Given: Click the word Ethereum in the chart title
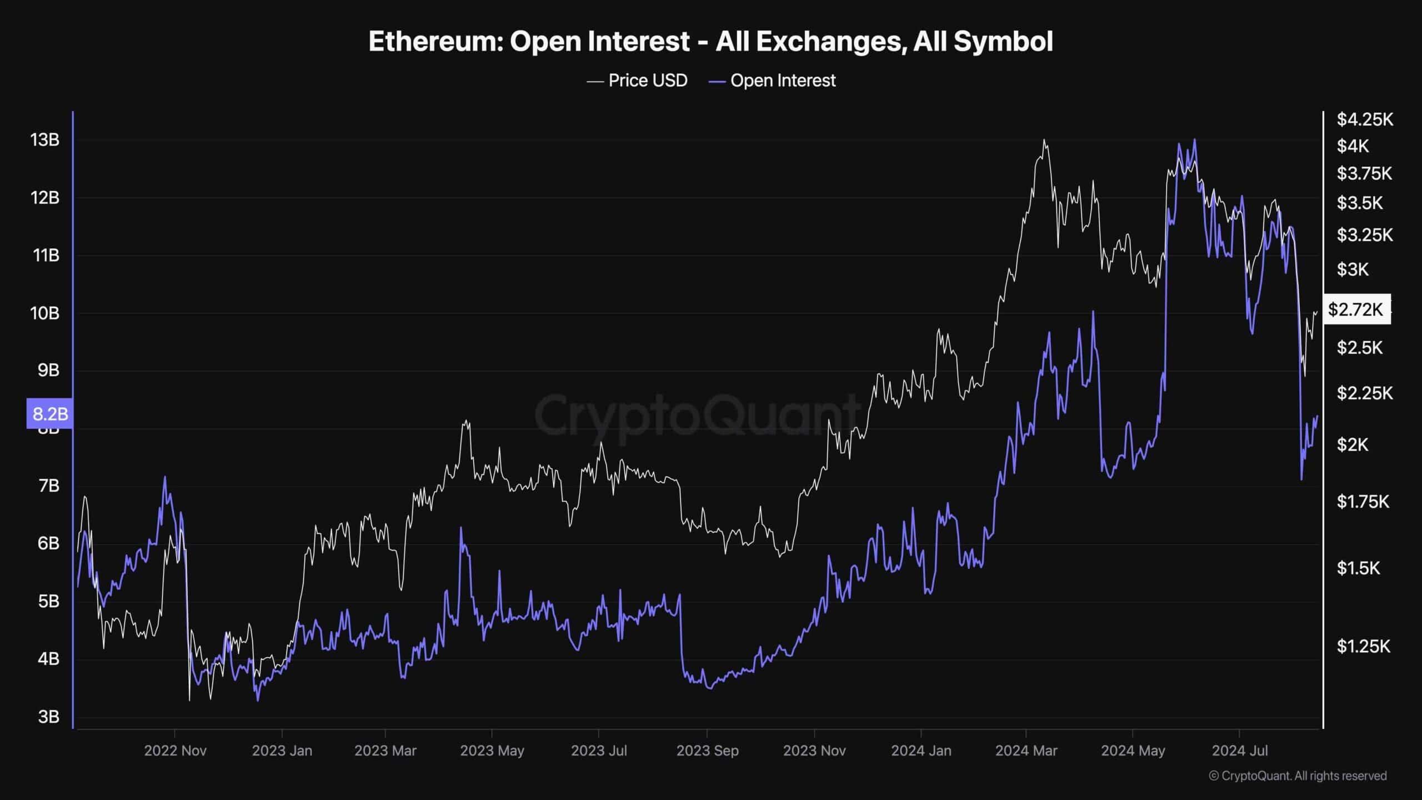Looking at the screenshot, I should (435, 42).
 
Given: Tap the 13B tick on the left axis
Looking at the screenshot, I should (45, 140).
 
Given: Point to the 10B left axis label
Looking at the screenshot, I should (45, 313).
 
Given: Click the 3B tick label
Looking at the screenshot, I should (48, 717).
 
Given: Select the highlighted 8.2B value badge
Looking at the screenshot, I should (50, 414).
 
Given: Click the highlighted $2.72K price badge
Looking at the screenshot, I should (1356, 309).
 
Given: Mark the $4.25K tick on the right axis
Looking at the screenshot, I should (1364, 119).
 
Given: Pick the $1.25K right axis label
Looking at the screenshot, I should (1363, 646).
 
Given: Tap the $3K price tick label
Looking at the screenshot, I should (1353, 269).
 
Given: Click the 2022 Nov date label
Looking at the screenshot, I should (175, 751).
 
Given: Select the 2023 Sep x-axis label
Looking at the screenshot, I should (707, 751).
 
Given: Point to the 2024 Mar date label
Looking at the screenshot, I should (1026, 751).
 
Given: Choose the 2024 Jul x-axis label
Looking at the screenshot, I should (1239, 751).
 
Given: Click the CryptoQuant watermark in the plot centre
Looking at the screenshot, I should (697, 414).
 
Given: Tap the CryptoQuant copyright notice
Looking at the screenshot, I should (1298, 776).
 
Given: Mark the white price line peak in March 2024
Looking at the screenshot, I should (1044, 140).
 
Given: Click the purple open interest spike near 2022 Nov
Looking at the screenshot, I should (164, 477).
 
